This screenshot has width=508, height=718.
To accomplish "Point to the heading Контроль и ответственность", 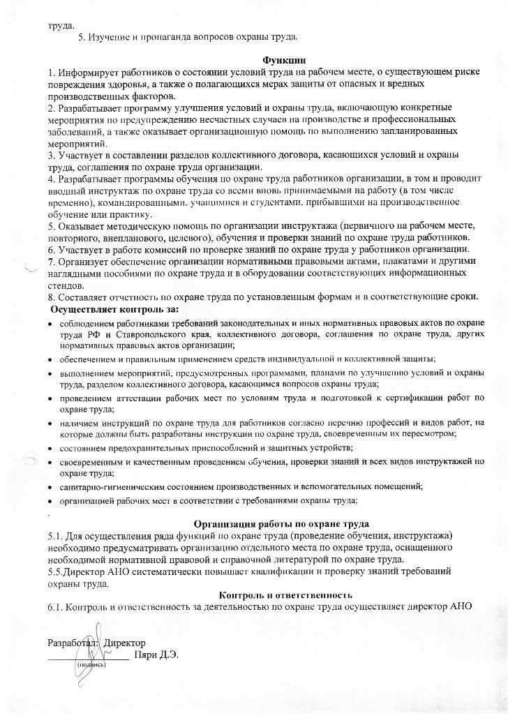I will click(x=285, y=594).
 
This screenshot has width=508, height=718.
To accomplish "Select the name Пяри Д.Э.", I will click(x=152, y=656).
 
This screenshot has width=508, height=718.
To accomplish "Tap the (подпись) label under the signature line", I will click(x=91, y=664).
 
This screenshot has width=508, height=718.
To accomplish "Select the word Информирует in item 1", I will click(x=87, y=73).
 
